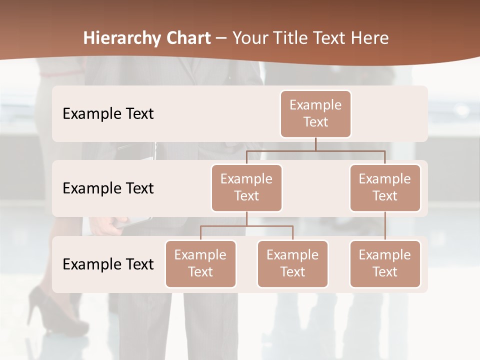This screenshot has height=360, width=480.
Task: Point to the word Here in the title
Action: (x=370, y=38)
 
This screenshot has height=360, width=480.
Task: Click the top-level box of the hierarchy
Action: (x=315, y=113)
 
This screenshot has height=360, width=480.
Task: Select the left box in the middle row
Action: (x=246, y=187)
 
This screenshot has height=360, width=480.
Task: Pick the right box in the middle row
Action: (x=385, y=187)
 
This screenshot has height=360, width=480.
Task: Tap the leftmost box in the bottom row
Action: (x=200, y=263)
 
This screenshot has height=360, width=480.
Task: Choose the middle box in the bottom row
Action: (x=292, y=263)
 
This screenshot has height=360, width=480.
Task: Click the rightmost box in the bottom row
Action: (x=385, y=263)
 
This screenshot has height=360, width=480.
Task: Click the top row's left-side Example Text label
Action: (x=108, y=113)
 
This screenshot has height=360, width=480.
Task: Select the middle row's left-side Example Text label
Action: (x=108, y=188)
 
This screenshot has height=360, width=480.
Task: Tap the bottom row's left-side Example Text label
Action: (x=108, y=264)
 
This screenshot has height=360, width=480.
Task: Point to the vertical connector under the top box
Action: (x=315, y=144)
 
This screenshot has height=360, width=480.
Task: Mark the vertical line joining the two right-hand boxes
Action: (x=385, y=226)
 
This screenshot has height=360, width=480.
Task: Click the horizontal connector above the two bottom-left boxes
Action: (x=246, y=226)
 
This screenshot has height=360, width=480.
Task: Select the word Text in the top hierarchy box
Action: (x=315, y=122)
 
